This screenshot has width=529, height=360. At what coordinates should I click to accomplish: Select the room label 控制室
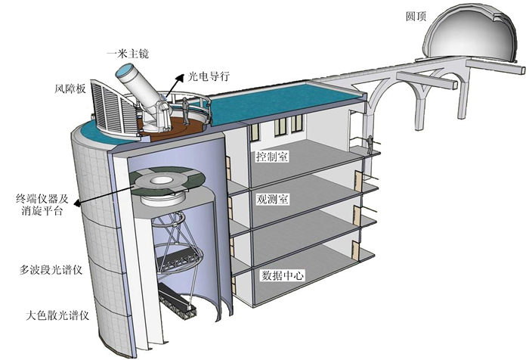point(274,157)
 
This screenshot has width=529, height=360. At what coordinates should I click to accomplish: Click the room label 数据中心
point(282,276)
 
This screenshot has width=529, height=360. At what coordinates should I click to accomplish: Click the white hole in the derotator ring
point(163,181)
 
